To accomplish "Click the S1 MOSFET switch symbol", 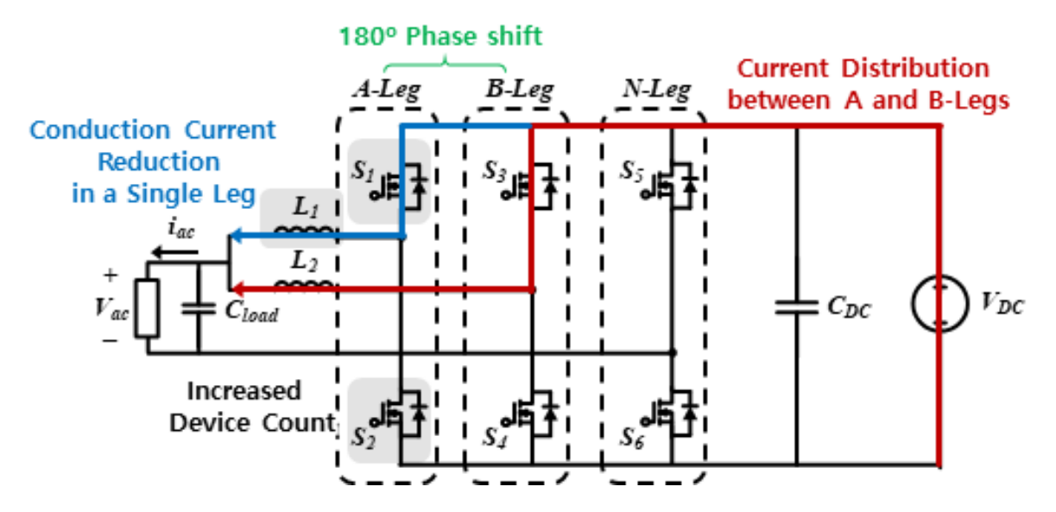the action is (x=400, y=186).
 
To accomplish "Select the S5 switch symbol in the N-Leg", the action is (x=670, y=186).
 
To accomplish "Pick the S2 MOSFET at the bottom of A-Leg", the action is (x=400, y=414).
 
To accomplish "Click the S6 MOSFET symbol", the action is (x=670, y=414).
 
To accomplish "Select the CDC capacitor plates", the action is (x=797, y=307).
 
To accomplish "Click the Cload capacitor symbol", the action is (x=199, y=309).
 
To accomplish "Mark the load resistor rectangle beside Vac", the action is (x=147, y=308).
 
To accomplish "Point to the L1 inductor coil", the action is (x=304, y=231).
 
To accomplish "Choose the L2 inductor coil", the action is (x=304, y=284).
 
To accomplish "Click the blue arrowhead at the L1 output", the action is (x=236, y=235).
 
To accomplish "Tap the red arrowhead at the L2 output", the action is (x=238, y=288).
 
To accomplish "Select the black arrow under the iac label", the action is (x=174, y=253).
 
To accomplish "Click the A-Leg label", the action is (x=387, y=89).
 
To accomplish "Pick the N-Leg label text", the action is (x=657, y=89).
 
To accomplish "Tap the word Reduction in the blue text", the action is (x=159, y=162).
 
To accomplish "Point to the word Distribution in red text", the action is (x=915, y=69).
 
